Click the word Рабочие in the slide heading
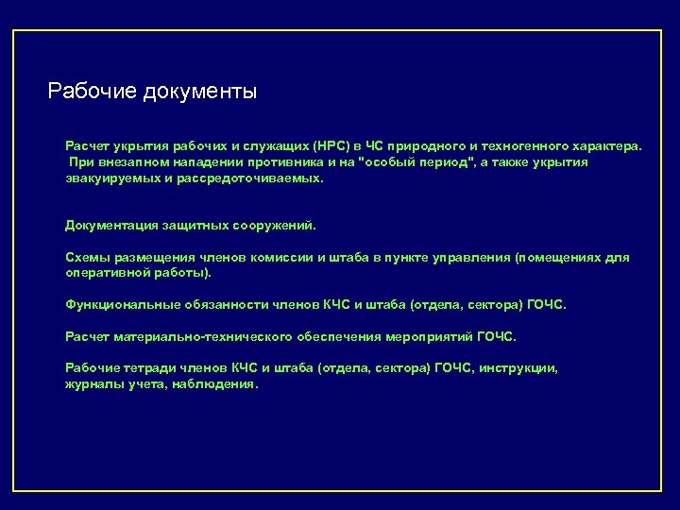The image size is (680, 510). coord(93,92)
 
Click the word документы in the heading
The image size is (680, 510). coord(201,92)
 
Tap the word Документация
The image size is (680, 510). coord(110,226)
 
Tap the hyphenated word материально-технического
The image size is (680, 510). coord(197,336)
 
